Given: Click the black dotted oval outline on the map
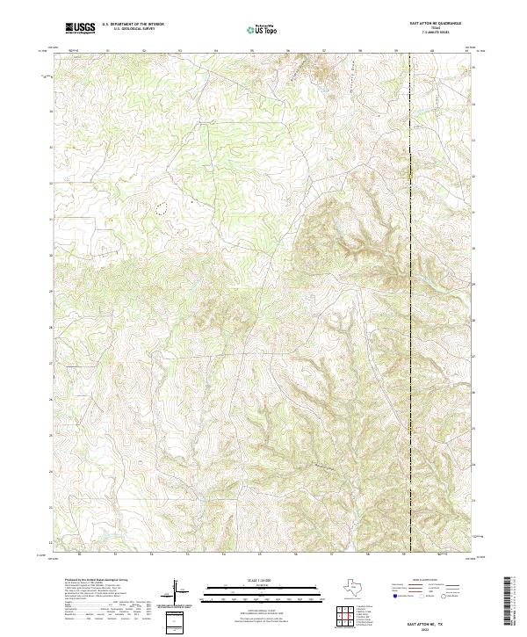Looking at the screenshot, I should (x=161, y=209).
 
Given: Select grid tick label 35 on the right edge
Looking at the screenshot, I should (x=473, y=69).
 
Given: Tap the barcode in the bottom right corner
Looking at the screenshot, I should (x=507, y=603).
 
